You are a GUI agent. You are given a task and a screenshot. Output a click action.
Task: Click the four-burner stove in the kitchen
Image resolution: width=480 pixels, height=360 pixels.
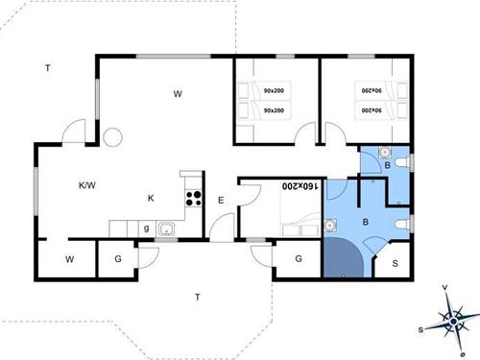click(x=193, y=200)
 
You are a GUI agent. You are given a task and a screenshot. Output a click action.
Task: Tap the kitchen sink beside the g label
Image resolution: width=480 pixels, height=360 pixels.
click(x=165, y=228)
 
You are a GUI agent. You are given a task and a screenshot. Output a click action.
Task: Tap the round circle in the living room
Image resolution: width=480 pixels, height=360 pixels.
click(x=112, y=137)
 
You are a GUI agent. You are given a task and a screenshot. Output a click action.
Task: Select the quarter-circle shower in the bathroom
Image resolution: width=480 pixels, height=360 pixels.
click(x=342, y=257)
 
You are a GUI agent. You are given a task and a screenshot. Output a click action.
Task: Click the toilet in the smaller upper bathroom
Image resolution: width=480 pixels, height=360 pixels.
click(x=406, y=163)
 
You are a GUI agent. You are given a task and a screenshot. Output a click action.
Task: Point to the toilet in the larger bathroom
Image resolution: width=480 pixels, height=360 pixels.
click(x=404, y=223)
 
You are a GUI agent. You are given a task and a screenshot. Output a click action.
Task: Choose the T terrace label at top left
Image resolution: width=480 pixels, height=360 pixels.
click(x=47, y=67)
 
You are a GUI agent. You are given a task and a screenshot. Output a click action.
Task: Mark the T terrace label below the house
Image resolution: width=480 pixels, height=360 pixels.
click(x=197, y=296)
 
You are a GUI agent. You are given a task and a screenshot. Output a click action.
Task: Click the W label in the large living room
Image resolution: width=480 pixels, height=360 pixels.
click(x=178, y=94)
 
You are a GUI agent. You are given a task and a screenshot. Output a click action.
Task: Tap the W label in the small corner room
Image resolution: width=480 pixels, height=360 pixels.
click(x=69, y=259)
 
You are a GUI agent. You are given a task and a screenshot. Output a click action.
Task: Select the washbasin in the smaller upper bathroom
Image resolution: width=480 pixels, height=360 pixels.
click(x=385, y=151)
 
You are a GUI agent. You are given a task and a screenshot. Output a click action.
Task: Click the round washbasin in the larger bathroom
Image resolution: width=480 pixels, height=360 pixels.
click(x=330, y=225)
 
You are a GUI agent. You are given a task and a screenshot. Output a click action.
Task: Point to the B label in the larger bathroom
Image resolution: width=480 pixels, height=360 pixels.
click(x=365, y=222)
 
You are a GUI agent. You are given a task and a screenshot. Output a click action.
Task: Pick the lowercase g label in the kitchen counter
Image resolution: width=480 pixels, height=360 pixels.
click(x=146, y=228)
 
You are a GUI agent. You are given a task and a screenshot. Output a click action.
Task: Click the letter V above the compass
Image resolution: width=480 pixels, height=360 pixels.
click(x=444, y=287)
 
